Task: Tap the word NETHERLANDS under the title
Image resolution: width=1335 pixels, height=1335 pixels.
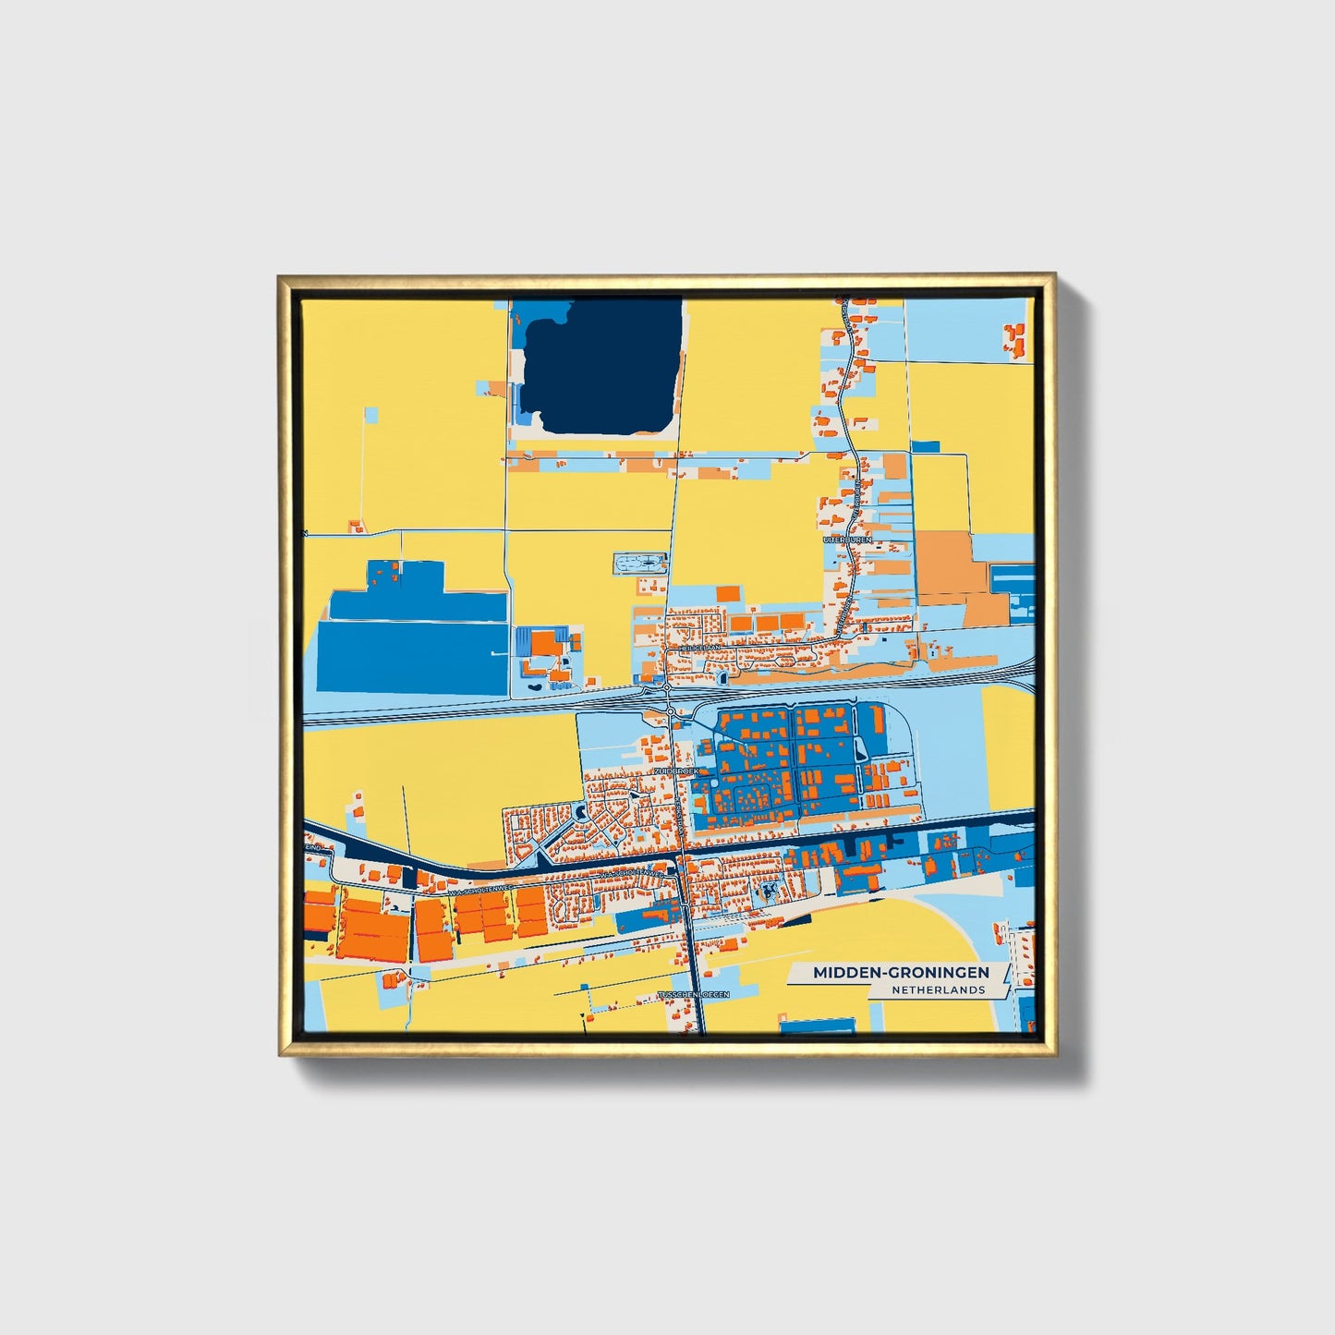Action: coord(938,989)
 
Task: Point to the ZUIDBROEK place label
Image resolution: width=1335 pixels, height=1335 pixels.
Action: coord(675,770)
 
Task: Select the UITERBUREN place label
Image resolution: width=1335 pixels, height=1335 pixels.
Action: coord(847,539)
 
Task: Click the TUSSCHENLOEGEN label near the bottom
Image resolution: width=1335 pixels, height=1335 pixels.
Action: coord(693,995)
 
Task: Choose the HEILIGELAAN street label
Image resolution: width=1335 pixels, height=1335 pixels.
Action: coord(700,649)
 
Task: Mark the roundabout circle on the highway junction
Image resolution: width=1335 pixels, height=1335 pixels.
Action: coord(667,688)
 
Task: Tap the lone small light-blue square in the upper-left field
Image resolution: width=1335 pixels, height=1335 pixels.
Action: coord(370,415)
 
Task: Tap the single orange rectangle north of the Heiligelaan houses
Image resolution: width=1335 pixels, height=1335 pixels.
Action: coord(729,593)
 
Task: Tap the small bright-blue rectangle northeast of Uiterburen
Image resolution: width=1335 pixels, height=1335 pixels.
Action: coord(926,447)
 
